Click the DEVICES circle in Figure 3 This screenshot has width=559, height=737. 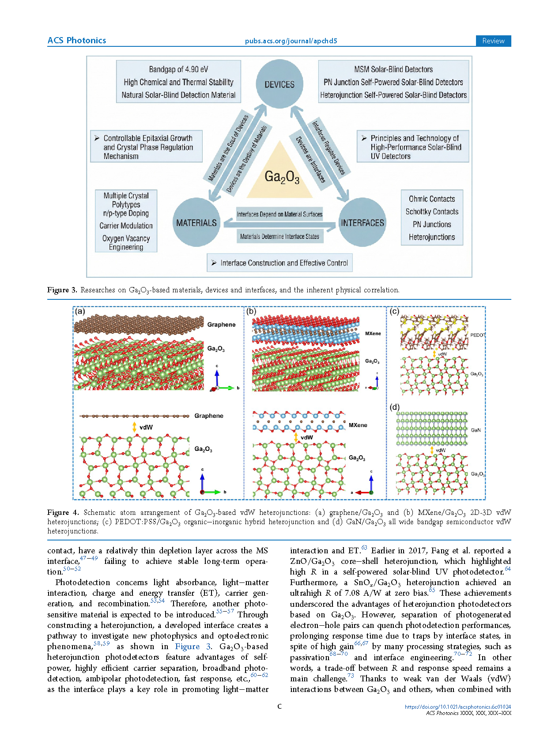click(279, 84)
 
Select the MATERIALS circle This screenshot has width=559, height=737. click(196, 222)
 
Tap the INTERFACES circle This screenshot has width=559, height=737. click(362, 222)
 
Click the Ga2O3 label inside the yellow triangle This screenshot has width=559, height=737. click(282, 177)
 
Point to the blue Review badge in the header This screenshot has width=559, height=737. click(493, 41)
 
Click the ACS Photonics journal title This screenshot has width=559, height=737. click(76, 40)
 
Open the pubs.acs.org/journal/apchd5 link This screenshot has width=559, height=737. click(291, 41)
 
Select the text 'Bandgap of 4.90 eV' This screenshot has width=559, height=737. click(178, 69)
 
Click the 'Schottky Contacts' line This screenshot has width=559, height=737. click(432, 212)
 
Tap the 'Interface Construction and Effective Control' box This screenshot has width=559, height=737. click(279, 263)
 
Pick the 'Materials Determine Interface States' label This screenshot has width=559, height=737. click(279, 236)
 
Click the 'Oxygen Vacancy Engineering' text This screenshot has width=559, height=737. click(126, 242)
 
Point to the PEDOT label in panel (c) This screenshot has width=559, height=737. click(477, 335)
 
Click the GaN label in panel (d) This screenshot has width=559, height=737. click(476, 430)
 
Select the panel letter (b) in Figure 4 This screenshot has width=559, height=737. click(251, 311)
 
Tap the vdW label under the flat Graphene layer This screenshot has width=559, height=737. click(146, 427)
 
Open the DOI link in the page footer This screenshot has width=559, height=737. click(458, 707)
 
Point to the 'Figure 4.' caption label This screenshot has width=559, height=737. click(63, 512)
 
